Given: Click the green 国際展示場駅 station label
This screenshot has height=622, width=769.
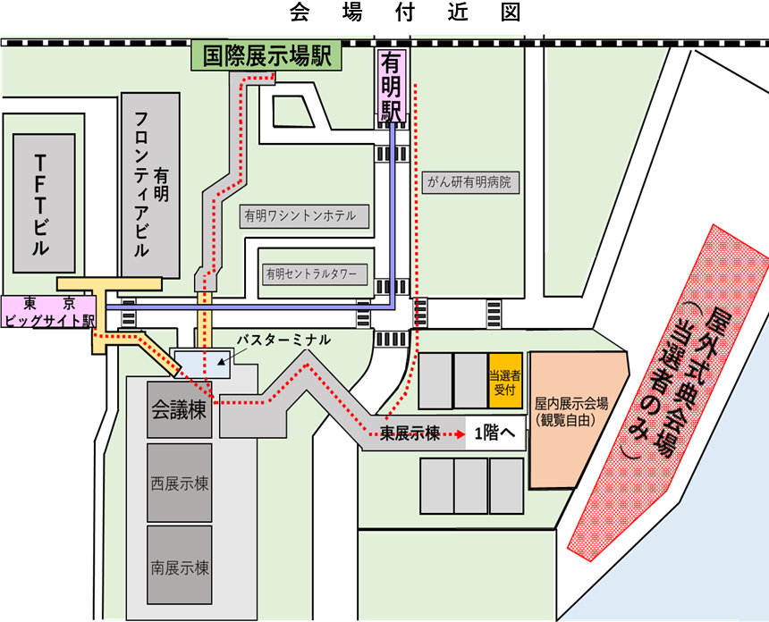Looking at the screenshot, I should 266,56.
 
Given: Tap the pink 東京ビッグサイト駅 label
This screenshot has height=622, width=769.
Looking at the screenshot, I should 49,311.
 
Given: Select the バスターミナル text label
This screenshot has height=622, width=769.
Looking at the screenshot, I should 283,340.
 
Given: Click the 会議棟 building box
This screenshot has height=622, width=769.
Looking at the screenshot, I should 180,410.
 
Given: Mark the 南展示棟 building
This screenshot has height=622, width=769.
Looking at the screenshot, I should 180,567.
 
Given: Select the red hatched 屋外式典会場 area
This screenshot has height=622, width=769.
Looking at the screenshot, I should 666,393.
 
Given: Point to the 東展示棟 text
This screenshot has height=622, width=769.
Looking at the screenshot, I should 410,433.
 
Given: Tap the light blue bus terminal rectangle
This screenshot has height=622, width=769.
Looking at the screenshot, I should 203,364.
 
